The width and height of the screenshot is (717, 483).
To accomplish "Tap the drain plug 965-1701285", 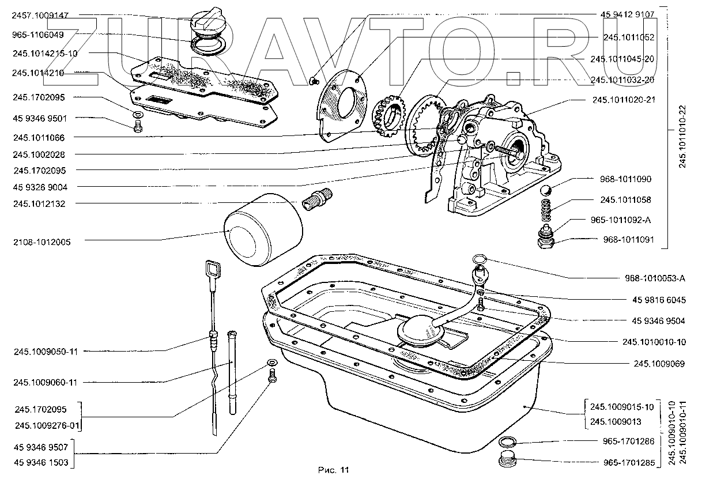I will [x=508, y=462].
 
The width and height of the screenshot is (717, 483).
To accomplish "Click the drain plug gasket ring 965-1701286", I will [x=507, y=443].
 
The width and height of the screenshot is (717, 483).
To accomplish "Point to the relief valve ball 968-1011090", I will [x=547, y=191].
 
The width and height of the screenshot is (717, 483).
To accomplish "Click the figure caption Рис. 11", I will [x=334, y=470].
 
